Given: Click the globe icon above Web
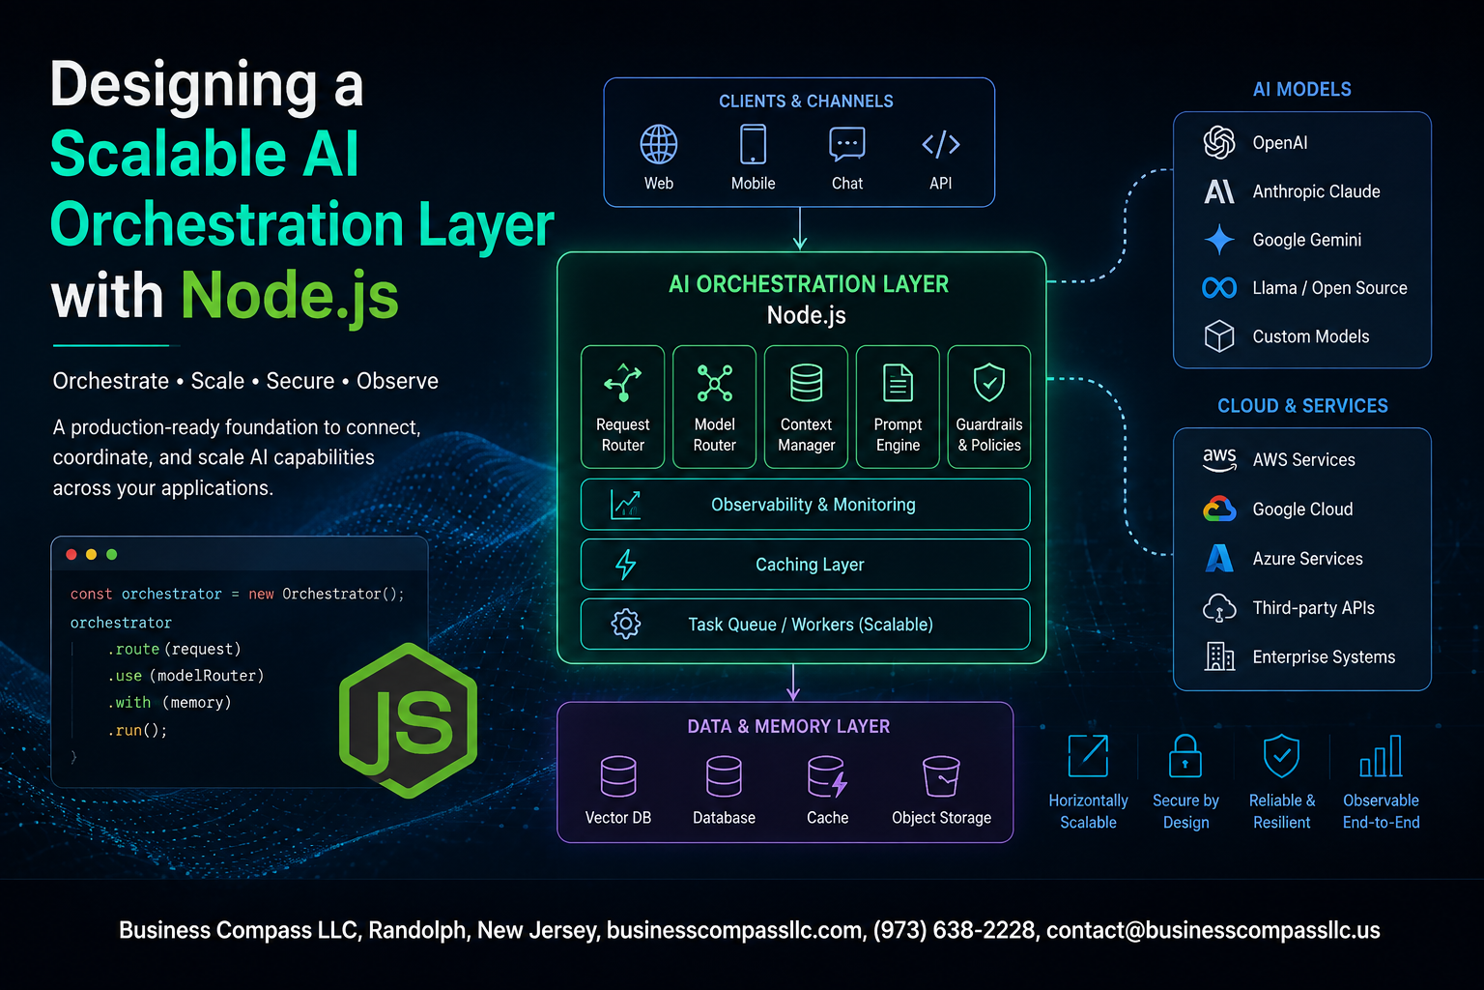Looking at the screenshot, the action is coord(659,144).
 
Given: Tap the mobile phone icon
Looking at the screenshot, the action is coord(753,144).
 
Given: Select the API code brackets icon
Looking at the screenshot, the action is coord(941,144).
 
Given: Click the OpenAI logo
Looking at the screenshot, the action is coord(1219,142).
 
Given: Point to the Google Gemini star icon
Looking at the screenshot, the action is coord(1219,240).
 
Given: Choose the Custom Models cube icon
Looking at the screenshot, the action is coord(1219,336).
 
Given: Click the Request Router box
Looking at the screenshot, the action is coord(623,406).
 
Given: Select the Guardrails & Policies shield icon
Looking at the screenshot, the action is coord(989,382).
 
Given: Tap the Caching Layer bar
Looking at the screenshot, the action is coord(806,565).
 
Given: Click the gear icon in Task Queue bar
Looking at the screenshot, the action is coord(625,624).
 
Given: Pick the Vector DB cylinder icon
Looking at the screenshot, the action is coord(618,775).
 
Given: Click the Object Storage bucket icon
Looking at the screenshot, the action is coord(941,775).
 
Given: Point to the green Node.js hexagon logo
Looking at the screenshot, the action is coord(408,721).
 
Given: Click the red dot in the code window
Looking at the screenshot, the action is coord(71,554).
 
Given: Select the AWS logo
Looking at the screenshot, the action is coord(1219,459).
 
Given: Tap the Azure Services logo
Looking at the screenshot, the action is coord(1219,559).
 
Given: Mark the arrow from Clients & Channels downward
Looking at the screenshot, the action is coord(800,229).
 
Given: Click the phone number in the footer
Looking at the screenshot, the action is coord(954,930).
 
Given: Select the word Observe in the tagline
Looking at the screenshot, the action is coord(397,381).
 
